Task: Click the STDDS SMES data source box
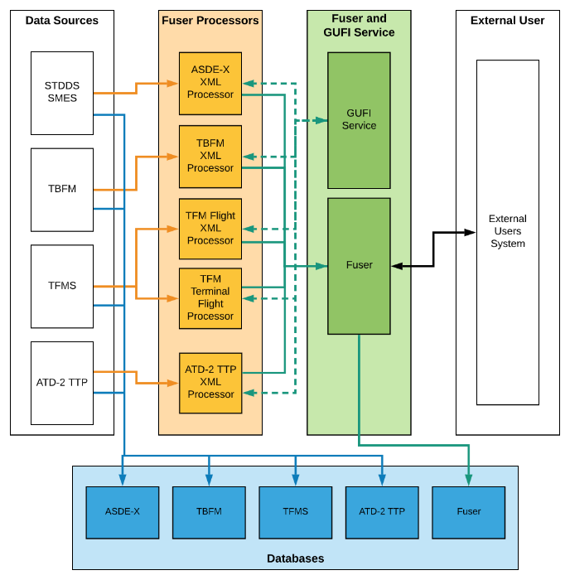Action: [x=62, y=93]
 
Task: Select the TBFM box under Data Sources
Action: [x=62, y=190]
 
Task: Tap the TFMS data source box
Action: [x=62, y=287]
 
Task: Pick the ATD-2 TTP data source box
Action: [x=62, y=383]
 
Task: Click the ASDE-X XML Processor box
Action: [x=210, y=84]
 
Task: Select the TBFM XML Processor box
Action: [x=210, y=157]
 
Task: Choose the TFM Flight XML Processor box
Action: [x=210, y=229]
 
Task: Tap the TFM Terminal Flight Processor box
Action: [x=210, y=298]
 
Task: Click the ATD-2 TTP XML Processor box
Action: [x=210, y=383]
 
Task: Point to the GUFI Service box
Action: [x=359, y=121]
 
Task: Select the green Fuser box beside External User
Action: [x=359, y=266]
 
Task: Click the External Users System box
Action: [x=508, y=232]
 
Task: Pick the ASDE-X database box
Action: [x=123, y=513]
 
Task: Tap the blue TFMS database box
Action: [x=296, y=513]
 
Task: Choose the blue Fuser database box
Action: [x=469, y=513]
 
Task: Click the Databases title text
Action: [x=296, y=558]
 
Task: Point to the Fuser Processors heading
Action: [x=210, y=21]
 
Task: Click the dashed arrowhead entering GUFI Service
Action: [x=321, y=121]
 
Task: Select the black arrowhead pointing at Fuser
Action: [x=397, y=266]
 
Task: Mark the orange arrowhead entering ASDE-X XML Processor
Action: [x=172, y=84]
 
